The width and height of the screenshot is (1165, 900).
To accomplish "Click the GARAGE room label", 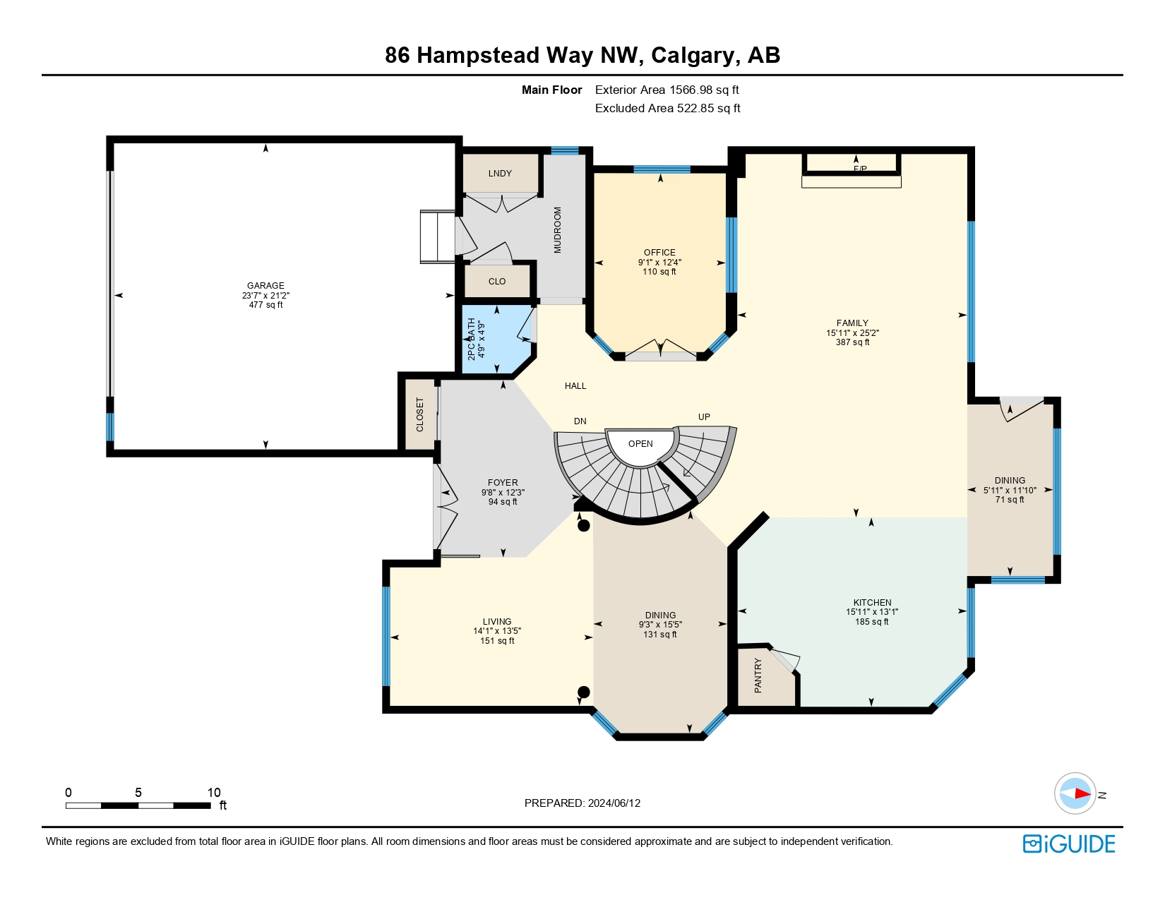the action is click(265, 286).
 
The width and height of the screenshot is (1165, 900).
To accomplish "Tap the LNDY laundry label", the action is click(500, 173).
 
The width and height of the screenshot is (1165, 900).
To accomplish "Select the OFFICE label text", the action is click(659, 253).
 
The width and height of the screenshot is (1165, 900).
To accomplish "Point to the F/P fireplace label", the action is click(860, 169).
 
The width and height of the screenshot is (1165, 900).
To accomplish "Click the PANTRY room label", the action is click(758, 676).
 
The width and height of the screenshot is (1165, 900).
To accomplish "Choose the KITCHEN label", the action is click(872, 603).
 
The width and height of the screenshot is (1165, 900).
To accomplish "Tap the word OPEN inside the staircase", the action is click(640, 444).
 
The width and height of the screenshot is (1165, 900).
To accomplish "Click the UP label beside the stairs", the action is click(704, 417).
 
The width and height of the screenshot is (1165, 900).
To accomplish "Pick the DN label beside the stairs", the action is click(580, 421).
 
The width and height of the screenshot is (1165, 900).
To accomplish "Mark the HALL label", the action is click(575, 386).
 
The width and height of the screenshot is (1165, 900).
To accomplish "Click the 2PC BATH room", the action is click(496, 339).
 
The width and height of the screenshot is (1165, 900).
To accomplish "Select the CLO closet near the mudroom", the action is click(497, 282).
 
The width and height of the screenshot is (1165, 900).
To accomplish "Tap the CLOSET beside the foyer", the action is click(420, 414).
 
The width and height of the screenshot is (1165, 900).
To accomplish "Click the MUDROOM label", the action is click(558, 230).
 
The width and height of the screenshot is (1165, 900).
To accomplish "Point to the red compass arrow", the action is click(1082, 793).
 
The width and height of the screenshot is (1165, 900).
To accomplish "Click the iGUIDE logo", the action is click(1068, 844).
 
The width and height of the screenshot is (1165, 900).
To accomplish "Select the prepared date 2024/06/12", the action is click(614, 803).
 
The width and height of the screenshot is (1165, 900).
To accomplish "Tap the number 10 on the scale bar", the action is click(214, 792).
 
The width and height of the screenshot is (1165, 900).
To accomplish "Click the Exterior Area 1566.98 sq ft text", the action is click(667, 90).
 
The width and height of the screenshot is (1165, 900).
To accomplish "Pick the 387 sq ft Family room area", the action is click(852, 342).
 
